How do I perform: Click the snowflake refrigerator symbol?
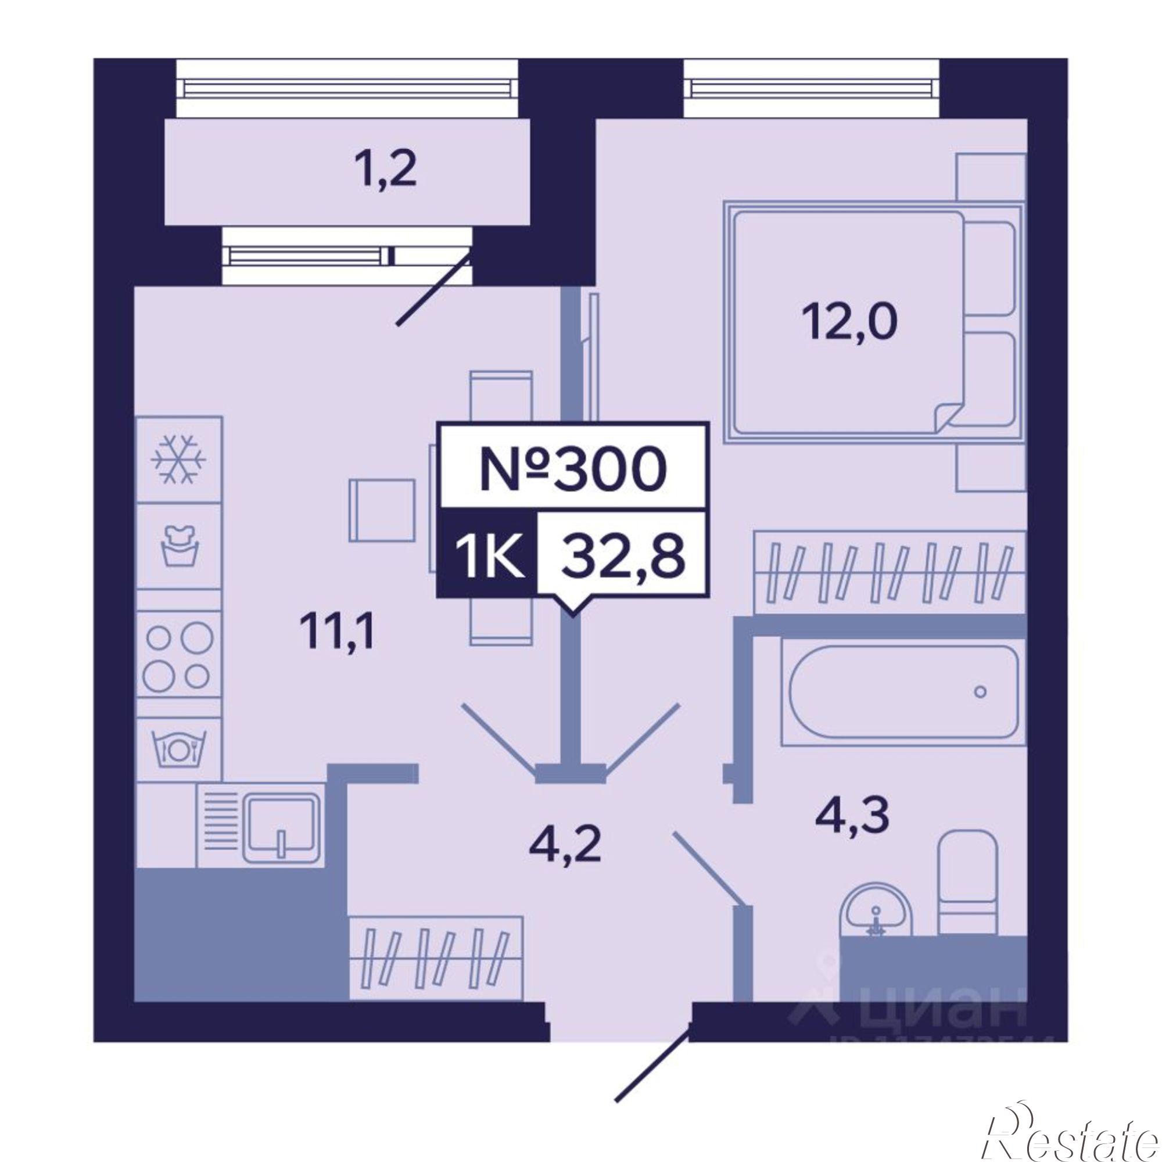coord(179,460)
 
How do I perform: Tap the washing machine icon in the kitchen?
coord(179,547)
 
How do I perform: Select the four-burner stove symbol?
coord(178,655)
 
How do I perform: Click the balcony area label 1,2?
coord(385,171)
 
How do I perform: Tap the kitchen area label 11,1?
coord(339,634)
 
